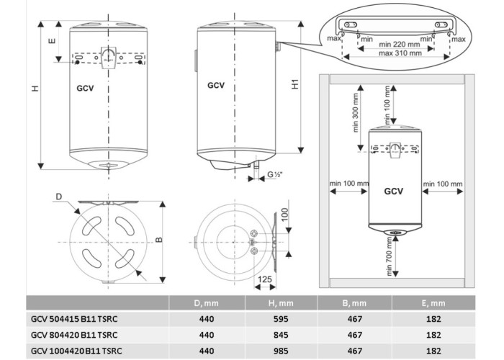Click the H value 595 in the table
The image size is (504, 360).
(x=281, y=319)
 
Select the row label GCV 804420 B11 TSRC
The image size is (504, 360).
(x=74, y=335)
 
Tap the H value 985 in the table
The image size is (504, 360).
(x=281, y=351)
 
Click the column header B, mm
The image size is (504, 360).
(x=354, y=303)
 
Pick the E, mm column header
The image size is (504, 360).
(x=433, y=303)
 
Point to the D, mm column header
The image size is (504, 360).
(x=207, y=303)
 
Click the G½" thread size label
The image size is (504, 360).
(x=275, y=174)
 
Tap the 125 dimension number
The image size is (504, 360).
(x=265, y=279)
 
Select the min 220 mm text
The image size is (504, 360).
(x=399, y=45)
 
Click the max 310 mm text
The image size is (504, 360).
(x=400, y=53)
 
